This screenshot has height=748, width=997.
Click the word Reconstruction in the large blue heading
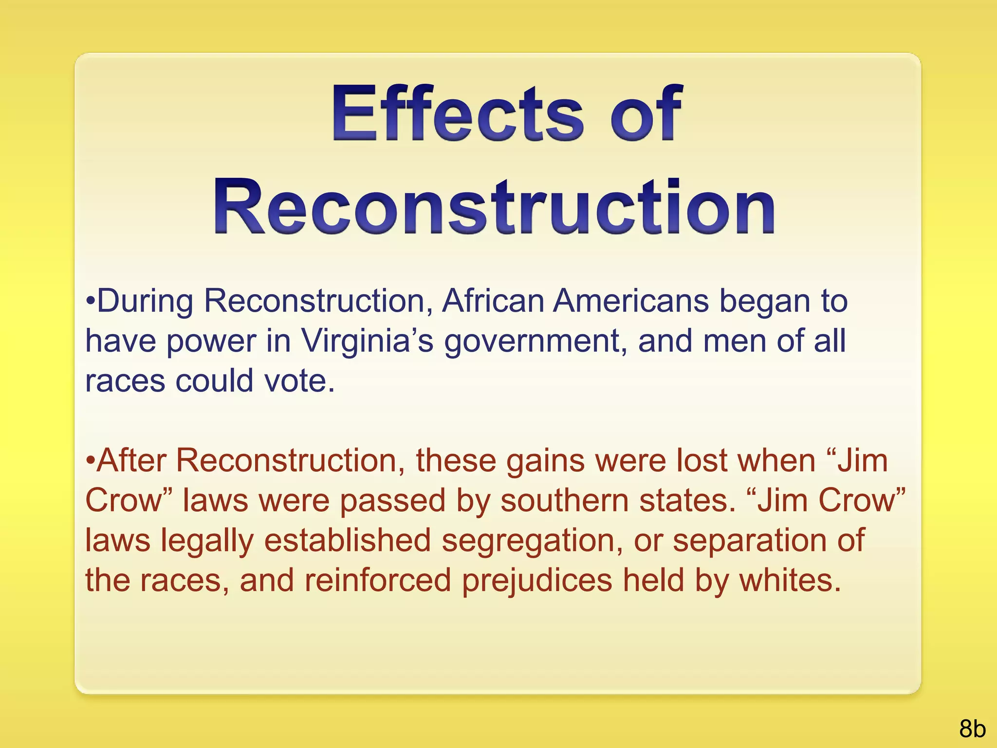(494, 206)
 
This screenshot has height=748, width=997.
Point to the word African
(493, 301)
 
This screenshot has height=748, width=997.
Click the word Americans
(631, 301)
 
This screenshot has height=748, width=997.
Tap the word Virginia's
(367, 340)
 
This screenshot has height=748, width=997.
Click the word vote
(299, 380)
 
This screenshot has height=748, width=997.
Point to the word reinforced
(378, 580)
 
